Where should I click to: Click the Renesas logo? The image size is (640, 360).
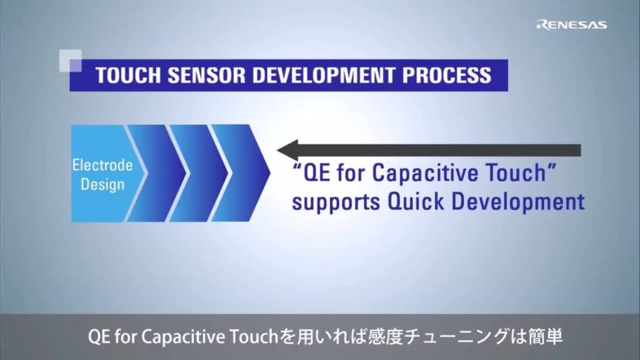571,25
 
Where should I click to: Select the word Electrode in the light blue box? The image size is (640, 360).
102,165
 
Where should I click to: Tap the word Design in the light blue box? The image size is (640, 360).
102,184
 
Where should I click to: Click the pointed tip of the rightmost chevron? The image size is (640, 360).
267,173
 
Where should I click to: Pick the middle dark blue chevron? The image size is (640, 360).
193,173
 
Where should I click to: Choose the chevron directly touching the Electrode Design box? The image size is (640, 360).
150,173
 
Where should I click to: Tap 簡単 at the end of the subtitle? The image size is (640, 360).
543,337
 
